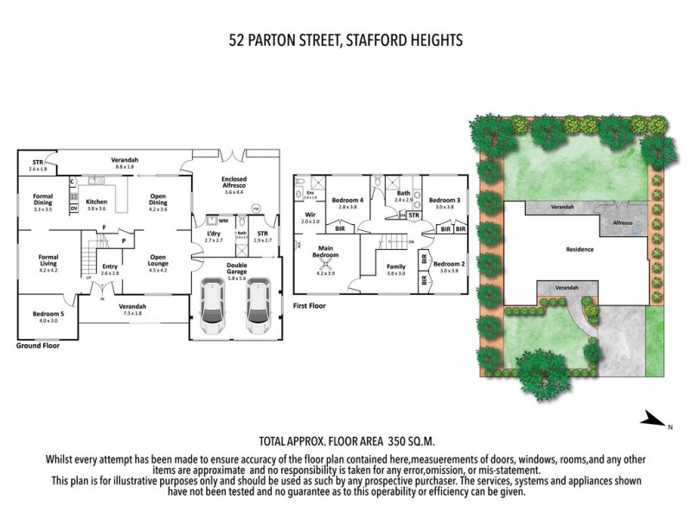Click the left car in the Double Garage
tap(211, 307)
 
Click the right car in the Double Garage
tap(257, 307)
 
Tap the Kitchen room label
tap(96, 204)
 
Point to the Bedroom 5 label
tap(48, 316)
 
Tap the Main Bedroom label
tap(325, 254)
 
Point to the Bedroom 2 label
tap(447, 266)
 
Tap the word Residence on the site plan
tap(579, 249)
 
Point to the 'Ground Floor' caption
tap(38, 345)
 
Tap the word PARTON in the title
tap(279, 39)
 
